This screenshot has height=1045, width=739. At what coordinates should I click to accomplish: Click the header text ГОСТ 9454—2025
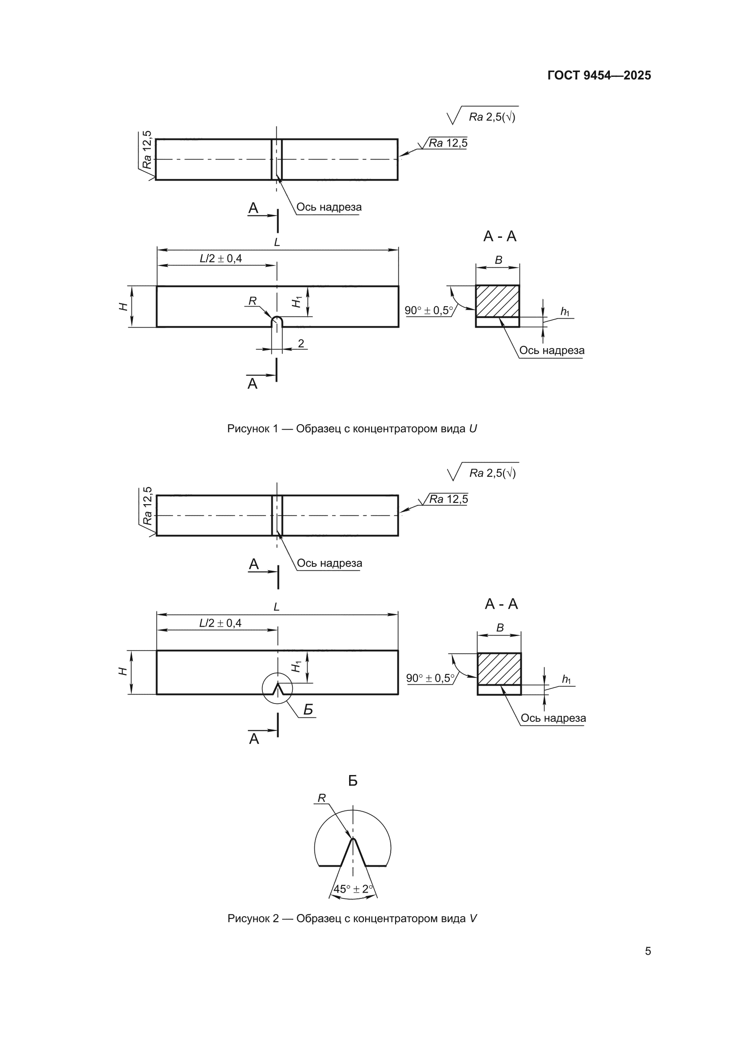point(599,76)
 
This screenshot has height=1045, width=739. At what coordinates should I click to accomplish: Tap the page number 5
point(647,951)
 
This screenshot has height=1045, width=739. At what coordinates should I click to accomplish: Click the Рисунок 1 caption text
point(352,429)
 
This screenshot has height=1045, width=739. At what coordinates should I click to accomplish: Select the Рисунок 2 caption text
point(352,919)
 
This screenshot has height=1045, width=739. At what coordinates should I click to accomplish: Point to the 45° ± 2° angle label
point(353,889)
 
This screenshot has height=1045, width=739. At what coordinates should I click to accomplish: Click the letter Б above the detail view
point(353,781)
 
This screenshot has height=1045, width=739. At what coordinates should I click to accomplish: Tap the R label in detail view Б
point(321,798)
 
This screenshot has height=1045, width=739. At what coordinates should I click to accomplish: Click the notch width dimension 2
point(301,344)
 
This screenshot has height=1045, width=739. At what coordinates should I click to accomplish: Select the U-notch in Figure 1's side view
point(277,321)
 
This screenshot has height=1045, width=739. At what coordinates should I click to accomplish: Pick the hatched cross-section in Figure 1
point(498,301)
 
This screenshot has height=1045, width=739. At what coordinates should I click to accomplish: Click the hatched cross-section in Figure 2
point(499,669)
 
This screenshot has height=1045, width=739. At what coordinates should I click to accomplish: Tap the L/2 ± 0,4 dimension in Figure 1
point(221,258)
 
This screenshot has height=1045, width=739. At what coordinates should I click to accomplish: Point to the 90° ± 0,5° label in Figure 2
point(430,678)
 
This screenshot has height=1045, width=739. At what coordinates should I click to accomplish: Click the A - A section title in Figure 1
point(500,236)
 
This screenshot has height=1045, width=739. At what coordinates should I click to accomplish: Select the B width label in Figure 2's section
point(500,628)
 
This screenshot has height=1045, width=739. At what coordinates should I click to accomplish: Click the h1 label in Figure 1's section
point(565,312)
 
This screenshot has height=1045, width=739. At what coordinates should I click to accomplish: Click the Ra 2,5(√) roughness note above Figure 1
point(492,117)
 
